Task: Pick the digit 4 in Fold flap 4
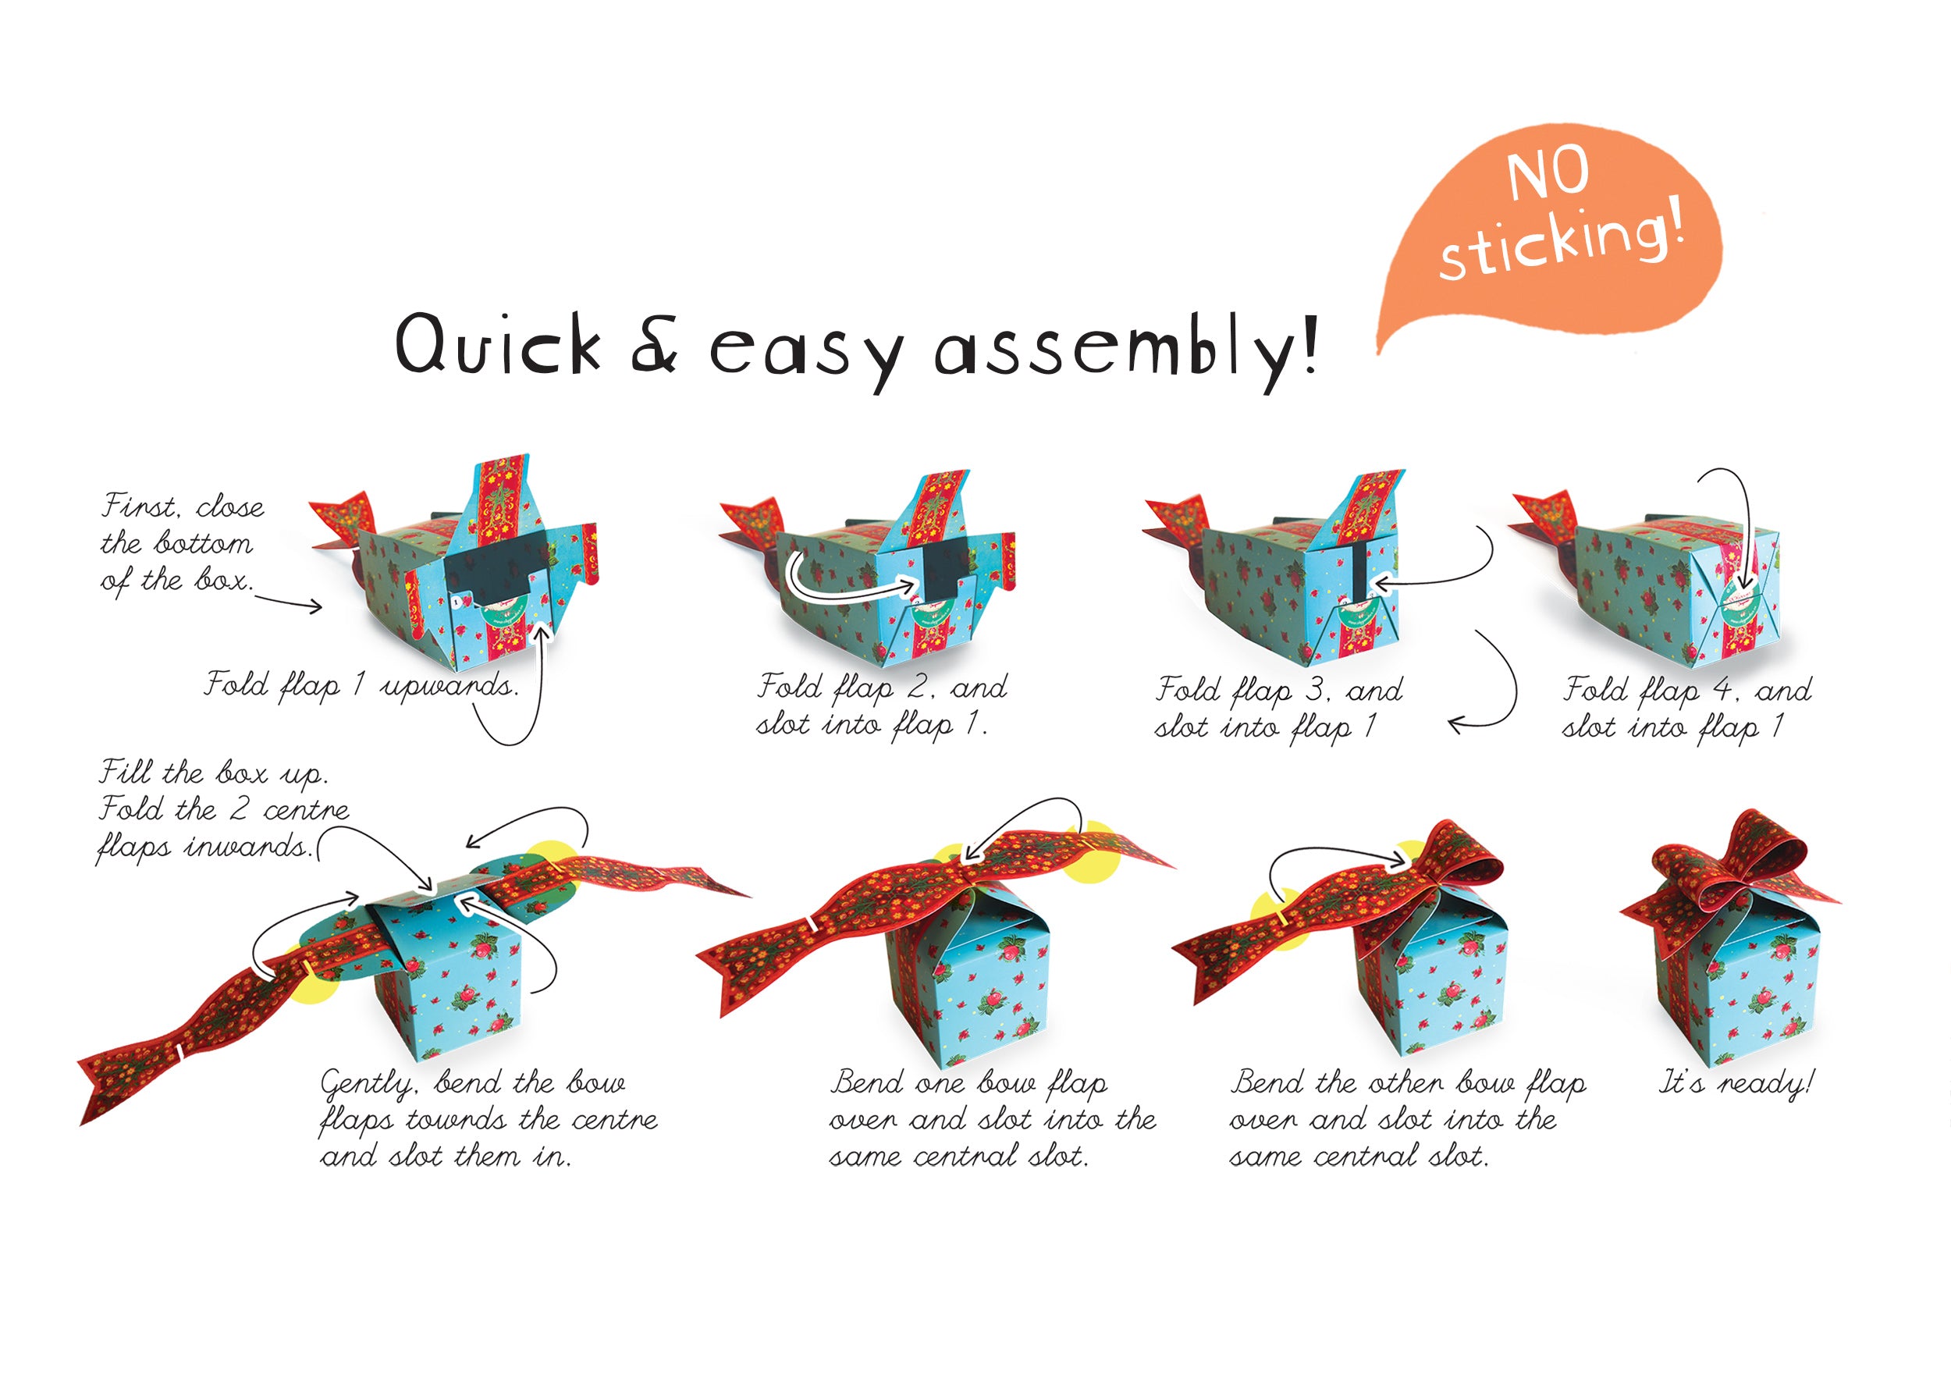coord(1723,689)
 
